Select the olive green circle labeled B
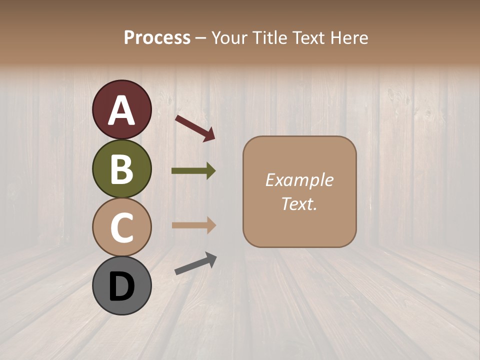(121, 168)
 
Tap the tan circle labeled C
(121, 227)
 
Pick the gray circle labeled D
(121, 285)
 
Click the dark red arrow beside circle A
(195, 127)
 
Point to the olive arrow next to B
(193, 171)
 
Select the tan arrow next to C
(193, 225)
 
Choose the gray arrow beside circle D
(195, 263)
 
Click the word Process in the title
(157, 37)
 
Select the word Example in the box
(299, 180)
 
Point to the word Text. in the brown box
(299, 203)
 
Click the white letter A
(122, 110)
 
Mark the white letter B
(121, 169)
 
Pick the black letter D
(121, 286)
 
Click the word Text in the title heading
(307, 37)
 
